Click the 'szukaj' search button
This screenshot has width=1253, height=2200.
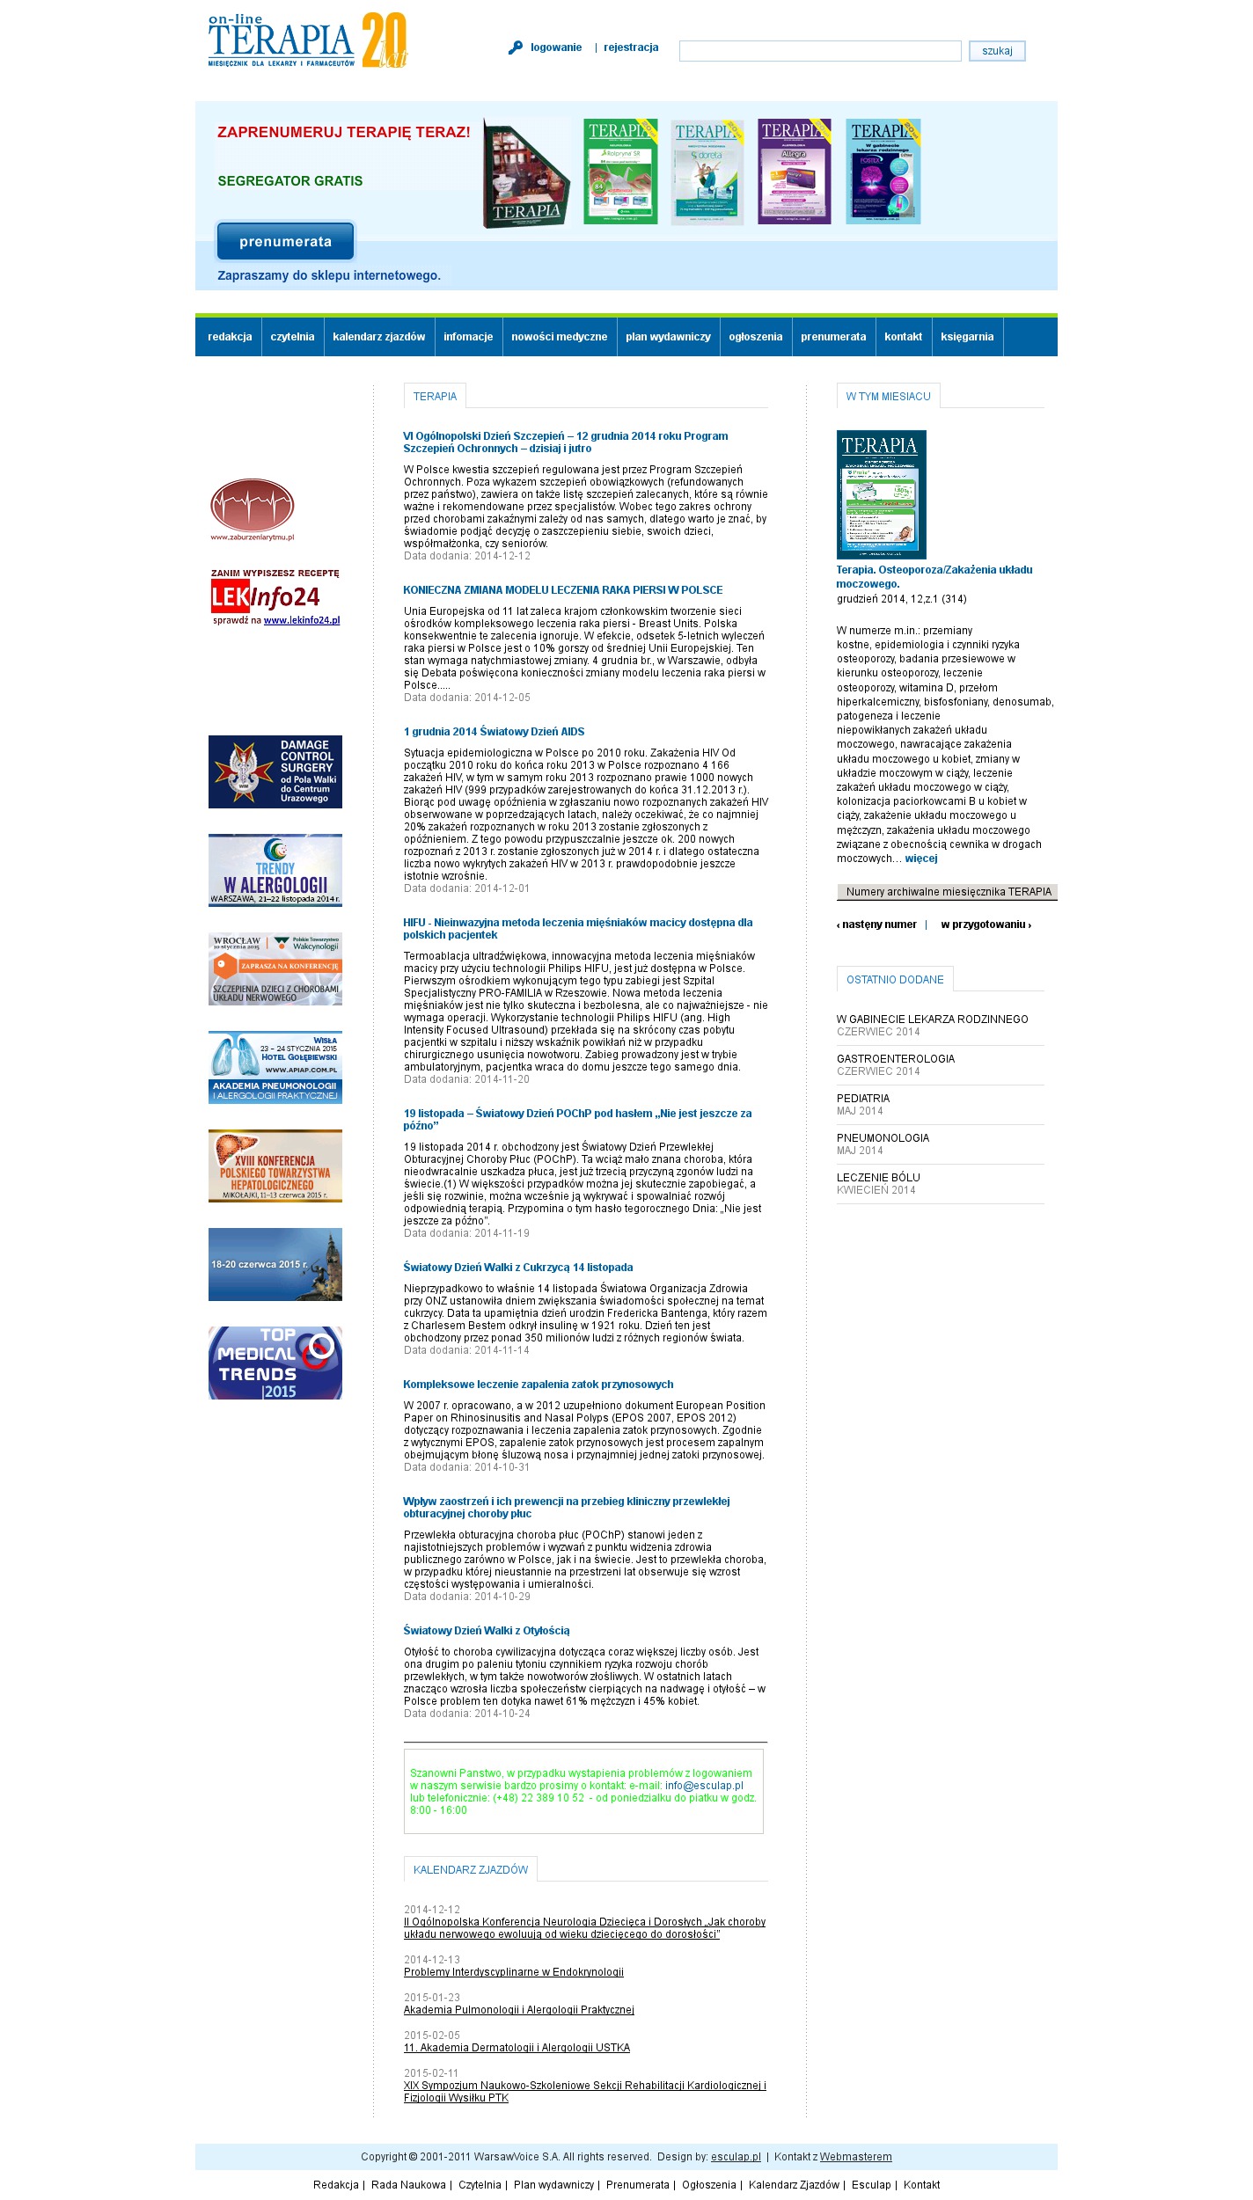996,51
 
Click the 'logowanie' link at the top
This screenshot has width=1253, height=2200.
555,48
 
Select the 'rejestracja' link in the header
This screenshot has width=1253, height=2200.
630,48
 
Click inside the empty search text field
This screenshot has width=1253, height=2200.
819,51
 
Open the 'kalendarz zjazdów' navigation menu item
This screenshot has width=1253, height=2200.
378,337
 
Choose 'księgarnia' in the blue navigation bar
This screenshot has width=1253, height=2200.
966,337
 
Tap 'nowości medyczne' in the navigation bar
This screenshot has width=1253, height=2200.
559,337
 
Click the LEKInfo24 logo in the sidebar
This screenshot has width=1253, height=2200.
275,597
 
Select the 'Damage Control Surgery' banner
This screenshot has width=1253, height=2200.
275,771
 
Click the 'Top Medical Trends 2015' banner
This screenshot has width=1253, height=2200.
275,1363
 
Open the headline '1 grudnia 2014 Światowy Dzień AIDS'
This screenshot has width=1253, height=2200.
494,732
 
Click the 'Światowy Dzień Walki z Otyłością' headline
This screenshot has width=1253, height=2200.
486,1631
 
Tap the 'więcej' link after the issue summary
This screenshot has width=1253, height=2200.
920,859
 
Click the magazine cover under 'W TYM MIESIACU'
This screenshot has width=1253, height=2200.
881,494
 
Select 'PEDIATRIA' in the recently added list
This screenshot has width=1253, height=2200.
862,1099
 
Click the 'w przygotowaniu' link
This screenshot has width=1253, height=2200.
985,925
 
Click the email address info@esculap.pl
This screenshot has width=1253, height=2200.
704,1786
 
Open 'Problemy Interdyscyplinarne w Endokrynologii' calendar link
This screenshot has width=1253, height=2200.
513,1972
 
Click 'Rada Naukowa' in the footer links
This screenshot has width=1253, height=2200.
407,2184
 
